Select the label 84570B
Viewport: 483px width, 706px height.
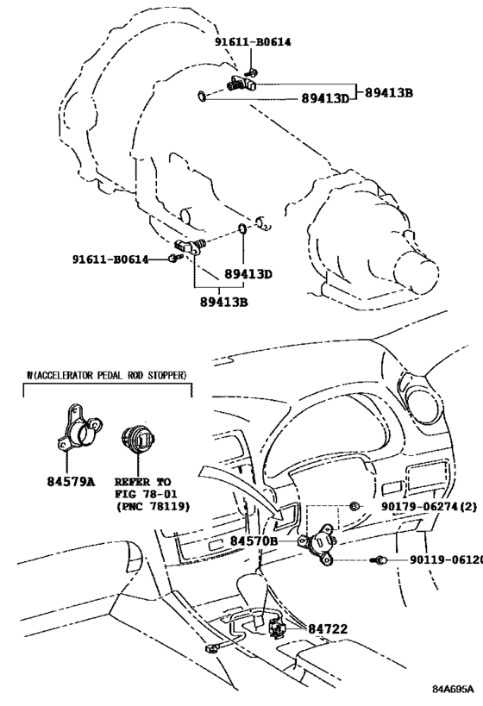254,540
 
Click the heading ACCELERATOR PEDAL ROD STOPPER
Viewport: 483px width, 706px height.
108,375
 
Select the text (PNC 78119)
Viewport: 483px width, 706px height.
152,506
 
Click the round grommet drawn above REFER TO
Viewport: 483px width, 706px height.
140,440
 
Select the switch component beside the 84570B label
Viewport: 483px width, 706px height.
319,540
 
